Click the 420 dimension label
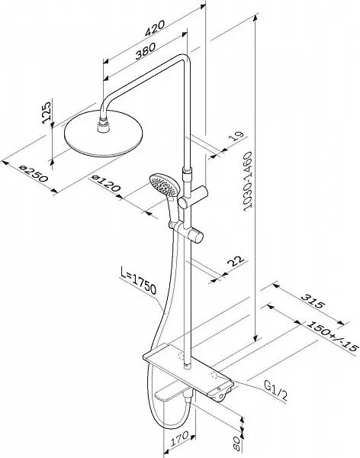pyautogui.click(x=155, y=27)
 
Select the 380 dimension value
pyautogui.click(x=146, y=51)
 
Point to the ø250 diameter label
pyautogui.click(x=33, y=173)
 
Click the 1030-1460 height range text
pyautogui.click(x=247, y=181)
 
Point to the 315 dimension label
pyautogui.click(x=313, y=302)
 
